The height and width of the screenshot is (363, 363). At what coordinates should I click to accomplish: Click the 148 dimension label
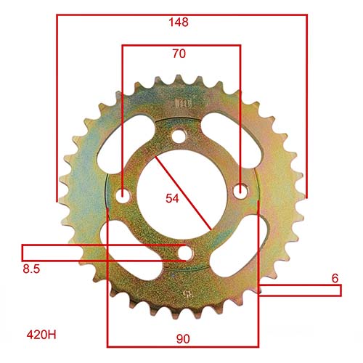tap(179, 23)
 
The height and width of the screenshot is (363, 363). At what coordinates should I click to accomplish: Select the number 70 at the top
tap(180, 54)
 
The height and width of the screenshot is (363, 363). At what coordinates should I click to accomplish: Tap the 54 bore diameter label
tap(171, 198)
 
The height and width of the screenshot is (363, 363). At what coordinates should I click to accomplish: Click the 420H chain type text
tap(41, 335)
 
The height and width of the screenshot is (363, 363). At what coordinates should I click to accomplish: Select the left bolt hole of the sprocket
tap(124, 195)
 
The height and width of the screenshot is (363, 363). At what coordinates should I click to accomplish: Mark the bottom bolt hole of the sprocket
tap(186, 253)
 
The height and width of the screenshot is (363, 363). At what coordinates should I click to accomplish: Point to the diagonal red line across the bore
tap(181, 194)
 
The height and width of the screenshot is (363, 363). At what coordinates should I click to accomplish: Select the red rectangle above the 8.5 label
tap(102, 252)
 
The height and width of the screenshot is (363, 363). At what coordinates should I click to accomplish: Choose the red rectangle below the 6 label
tap(299, 290)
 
